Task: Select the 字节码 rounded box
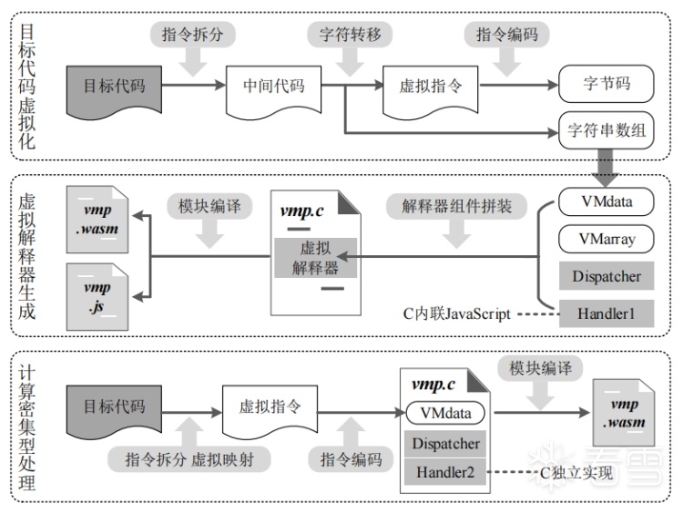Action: (607, 84)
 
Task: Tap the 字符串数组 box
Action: (607, 130)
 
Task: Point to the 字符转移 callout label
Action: (350, 36)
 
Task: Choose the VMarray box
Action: (607, 239)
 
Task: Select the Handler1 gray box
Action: (607, 314)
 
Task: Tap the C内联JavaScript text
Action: (456, 314)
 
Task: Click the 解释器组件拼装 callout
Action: (457, 205)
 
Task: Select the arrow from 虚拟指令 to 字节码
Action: (519, 86)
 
